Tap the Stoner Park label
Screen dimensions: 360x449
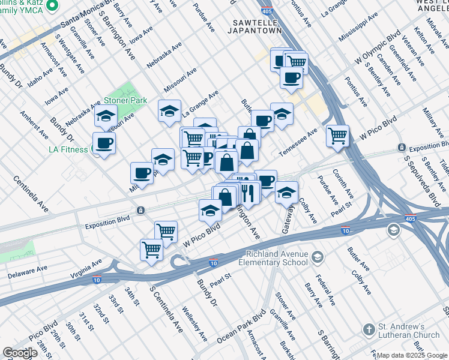pyautogui.click(x=125, y=101)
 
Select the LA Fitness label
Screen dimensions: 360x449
pyautogui.click(x=69, y=148)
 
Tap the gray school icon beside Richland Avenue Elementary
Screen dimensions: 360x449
pyautogui.click(x=318, y=257)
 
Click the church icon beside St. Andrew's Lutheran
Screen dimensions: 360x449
pyautogui.click(x=369, y=329)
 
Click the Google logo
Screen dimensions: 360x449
pyautogui.click(x=19, y=353)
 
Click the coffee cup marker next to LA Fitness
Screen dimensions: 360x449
pyautogui.click(x=104, y=143)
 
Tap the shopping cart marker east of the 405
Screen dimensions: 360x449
pyautogui.click(x=338, y=135)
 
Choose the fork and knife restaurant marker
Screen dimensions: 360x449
pyautogui.click(x=249, y=192)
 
